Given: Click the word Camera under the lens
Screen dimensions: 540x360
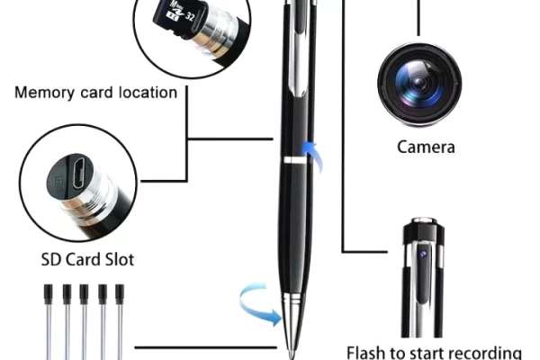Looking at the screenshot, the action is (x=426, y=147).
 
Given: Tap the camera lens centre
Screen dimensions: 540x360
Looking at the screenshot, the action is (x=419, y=84).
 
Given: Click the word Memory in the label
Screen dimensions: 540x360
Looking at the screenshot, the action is (x=44, y=93).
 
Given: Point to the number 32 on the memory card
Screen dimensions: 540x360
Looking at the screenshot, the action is (x=189, y=16).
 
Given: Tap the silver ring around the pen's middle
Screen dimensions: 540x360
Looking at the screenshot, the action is (x=295, y=160).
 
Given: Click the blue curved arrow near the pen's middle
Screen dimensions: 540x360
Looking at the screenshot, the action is (x=312, y=157).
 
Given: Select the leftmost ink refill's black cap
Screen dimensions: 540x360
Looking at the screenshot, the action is (x=49, y=294).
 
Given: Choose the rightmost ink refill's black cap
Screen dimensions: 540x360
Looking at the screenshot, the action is (x=120, y=294).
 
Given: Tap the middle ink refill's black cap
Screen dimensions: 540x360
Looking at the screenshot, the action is (x=84, y=294).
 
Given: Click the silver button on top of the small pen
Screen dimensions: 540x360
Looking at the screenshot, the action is (x=424, y=220).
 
